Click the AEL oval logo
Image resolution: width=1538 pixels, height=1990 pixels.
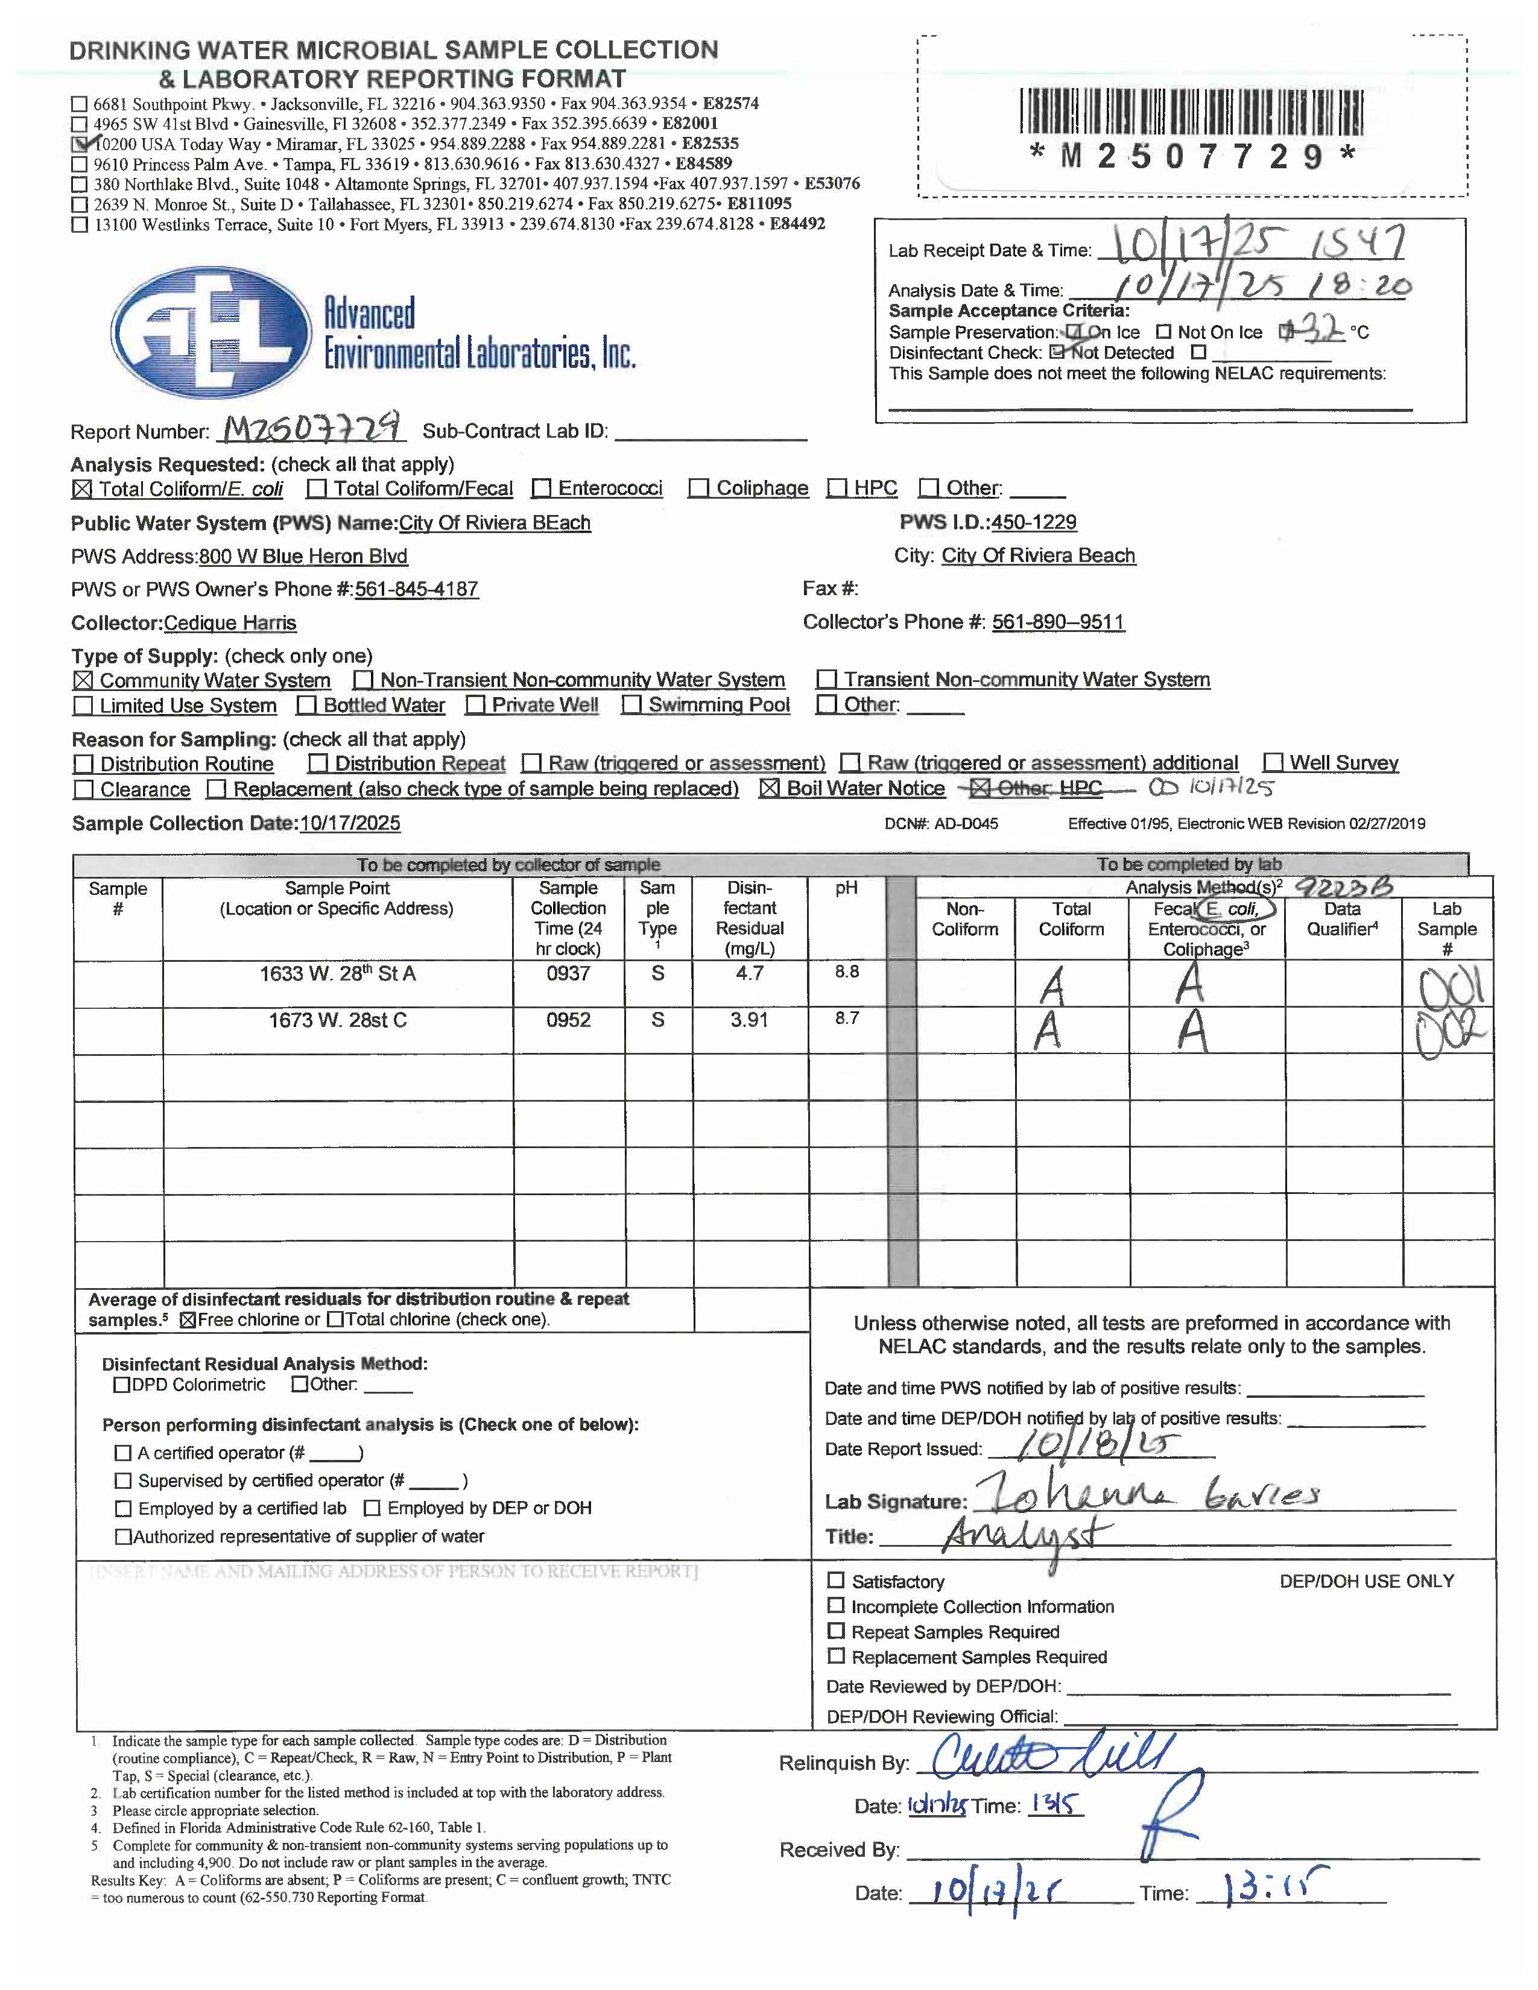210,332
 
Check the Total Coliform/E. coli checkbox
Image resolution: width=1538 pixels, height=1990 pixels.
82,489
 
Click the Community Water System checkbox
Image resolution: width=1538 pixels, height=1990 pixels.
83,681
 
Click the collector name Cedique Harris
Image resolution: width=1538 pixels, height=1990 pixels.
230,624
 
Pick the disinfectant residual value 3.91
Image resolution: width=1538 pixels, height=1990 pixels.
749,1020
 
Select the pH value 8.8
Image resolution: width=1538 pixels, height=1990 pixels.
846,971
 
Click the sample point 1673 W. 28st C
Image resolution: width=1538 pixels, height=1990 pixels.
337,1020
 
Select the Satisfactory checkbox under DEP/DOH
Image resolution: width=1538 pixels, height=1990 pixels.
835,1580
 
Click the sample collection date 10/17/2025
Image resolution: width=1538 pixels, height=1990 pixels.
350,824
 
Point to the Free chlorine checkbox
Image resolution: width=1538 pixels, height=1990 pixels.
188,1319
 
